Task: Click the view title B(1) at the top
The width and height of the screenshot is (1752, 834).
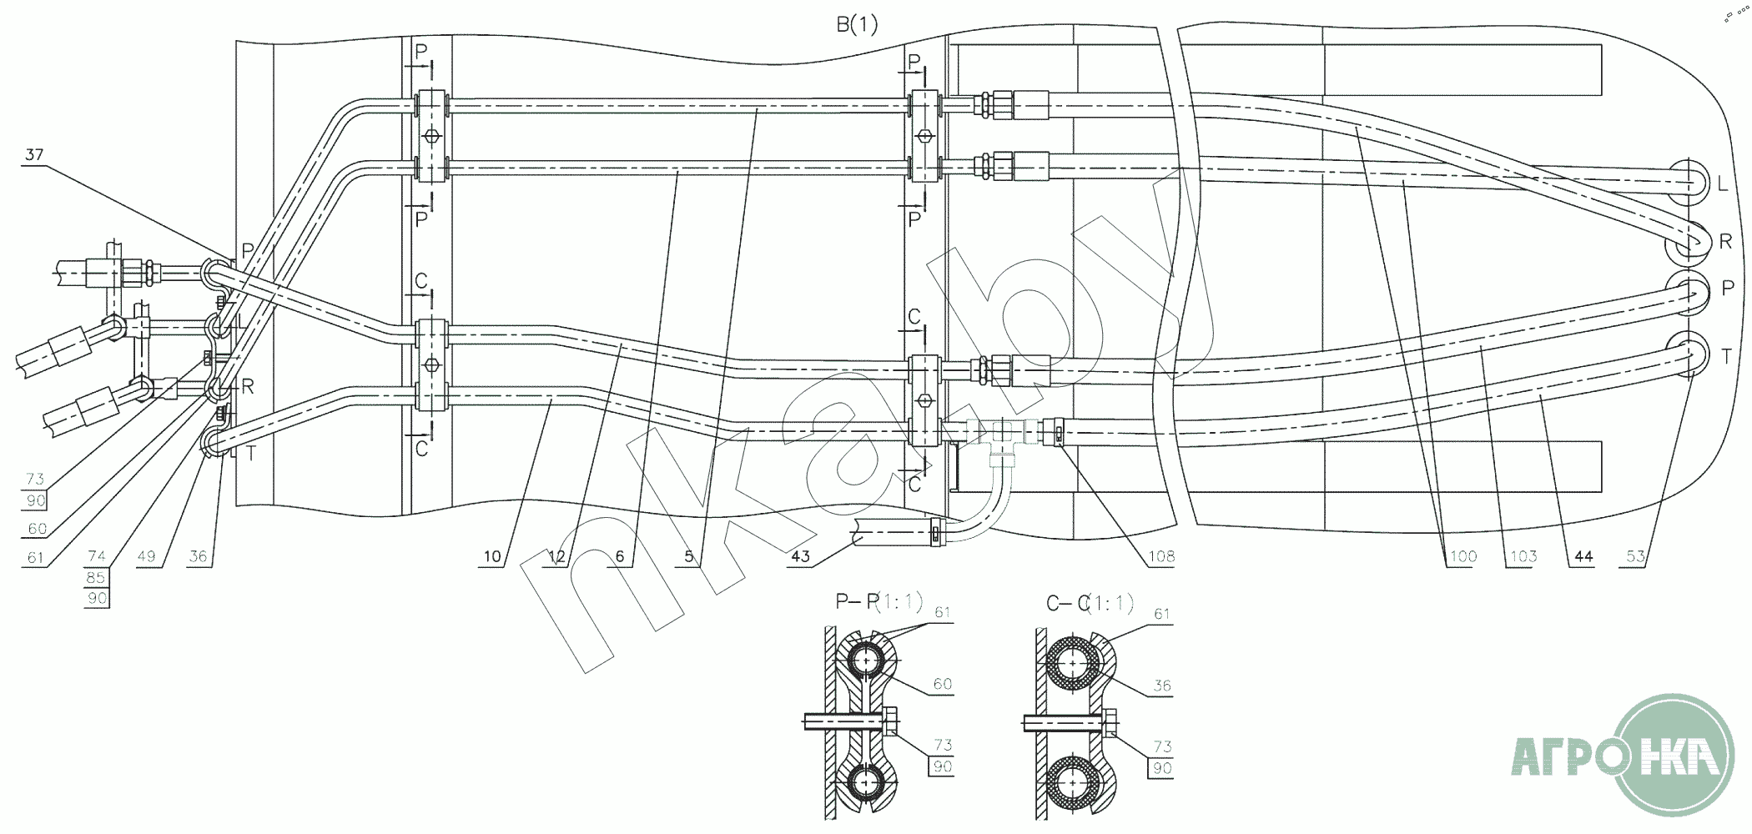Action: [x=857, y=25]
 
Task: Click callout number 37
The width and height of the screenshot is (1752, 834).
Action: [x=34, y=155]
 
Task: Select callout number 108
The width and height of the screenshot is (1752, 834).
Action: [x=1160, y=556]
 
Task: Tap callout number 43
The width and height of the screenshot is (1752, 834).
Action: [x=800, y=556]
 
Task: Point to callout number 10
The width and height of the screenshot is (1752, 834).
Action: [x=492, y=556]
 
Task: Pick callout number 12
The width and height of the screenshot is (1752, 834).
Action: [x=556, y=556]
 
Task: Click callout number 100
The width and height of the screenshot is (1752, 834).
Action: [x=1463, y=556]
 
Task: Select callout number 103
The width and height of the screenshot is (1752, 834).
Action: [x=1523, y=556]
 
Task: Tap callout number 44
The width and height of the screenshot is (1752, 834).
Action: [x=1583, y=556]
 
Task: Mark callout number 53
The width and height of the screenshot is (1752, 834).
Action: [x=1636, y=556]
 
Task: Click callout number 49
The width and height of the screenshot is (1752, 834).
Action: [x=146, y=556]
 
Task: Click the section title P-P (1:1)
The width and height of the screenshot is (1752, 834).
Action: [x=879, y=601]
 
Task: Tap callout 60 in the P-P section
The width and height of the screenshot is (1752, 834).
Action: [x=942, y=684]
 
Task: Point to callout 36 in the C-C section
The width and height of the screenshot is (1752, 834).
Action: [x=1162, y=686]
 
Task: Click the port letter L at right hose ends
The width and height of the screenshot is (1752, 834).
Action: [x=1723, y=184]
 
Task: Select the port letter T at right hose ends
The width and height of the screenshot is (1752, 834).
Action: [x=1726, y=357]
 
